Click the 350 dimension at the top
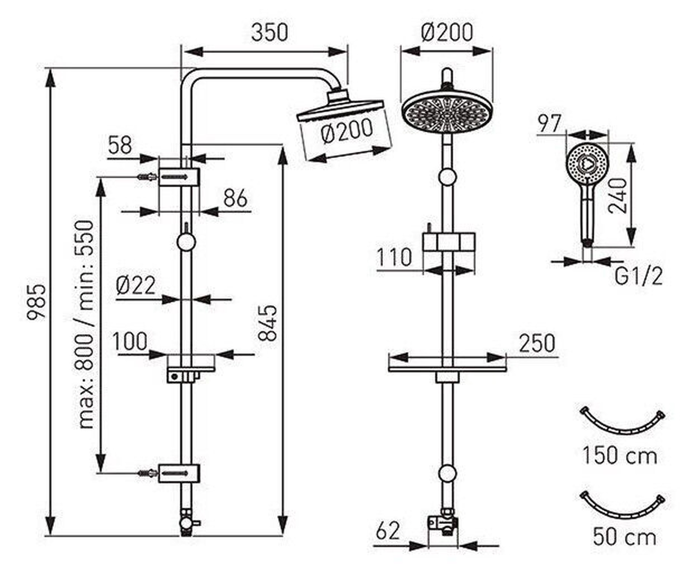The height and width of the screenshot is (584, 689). pos(269,33)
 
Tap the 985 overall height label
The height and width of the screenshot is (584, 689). pos(37,303)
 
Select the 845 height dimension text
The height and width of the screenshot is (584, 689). pos(268,323)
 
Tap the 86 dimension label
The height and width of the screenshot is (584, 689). pos(236,198)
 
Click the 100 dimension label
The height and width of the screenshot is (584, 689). pos(130,341)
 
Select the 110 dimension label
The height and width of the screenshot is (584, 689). pos(394,257)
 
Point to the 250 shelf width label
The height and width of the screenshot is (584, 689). pos(537,343)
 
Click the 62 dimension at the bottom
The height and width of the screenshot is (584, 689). pos(388,531)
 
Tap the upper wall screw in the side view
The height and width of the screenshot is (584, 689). pos(147,177)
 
